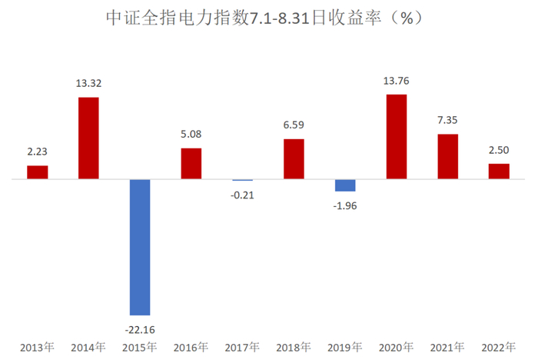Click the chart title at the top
pyautogui.click(x=268, y=18)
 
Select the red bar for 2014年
pyautogui.click(x=88, y=138)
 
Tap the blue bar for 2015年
pyautogui.click(x=140, y=247)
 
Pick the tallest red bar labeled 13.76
pyautogui.click(x=396, y=137)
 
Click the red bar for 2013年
pyautogui.click(x=38, y=172)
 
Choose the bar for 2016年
pyautogui.click(x=191, y=164)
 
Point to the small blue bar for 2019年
pyautogui.click(x=345, y=185)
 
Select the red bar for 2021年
pyautogui.click(x=447, y=157)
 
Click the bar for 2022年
pyautogui.click(x=499, y=172)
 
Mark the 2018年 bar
pyautogui.click(x=294, y=159)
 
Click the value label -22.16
pyautogui.click(x=140, y=328)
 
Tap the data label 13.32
pyautogui.click(x=88, y=84)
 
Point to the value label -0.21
pyautogui.click(x=242, y=195)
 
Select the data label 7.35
pyautogui.click(x=447, y=121)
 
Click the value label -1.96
pyautogui.click(x=345, y=205)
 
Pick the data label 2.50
pyautogui.click(x=499, y=150)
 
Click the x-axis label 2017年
pyautogui.click(x=242, y=348)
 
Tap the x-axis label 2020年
pyautogui.click(x=396, y=348)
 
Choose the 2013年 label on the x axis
pyautogui.click(x=38, y=348)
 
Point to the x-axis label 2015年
pyautogui.click(x=140, y=348)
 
